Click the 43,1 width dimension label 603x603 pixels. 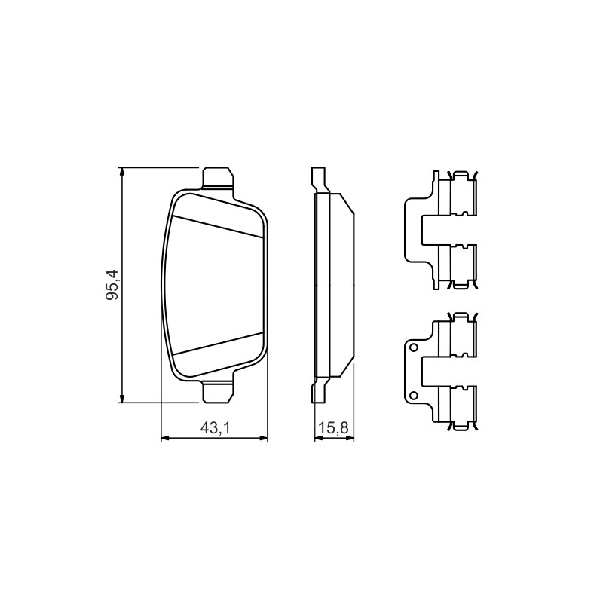[215, 428]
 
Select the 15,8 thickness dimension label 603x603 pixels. [334, 428]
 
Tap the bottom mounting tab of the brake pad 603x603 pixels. [218, 392]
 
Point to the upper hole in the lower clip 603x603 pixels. [414, 348]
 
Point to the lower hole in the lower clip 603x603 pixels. [414, 395]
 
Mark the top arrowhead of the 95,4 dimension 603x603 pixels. [122, 172]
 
